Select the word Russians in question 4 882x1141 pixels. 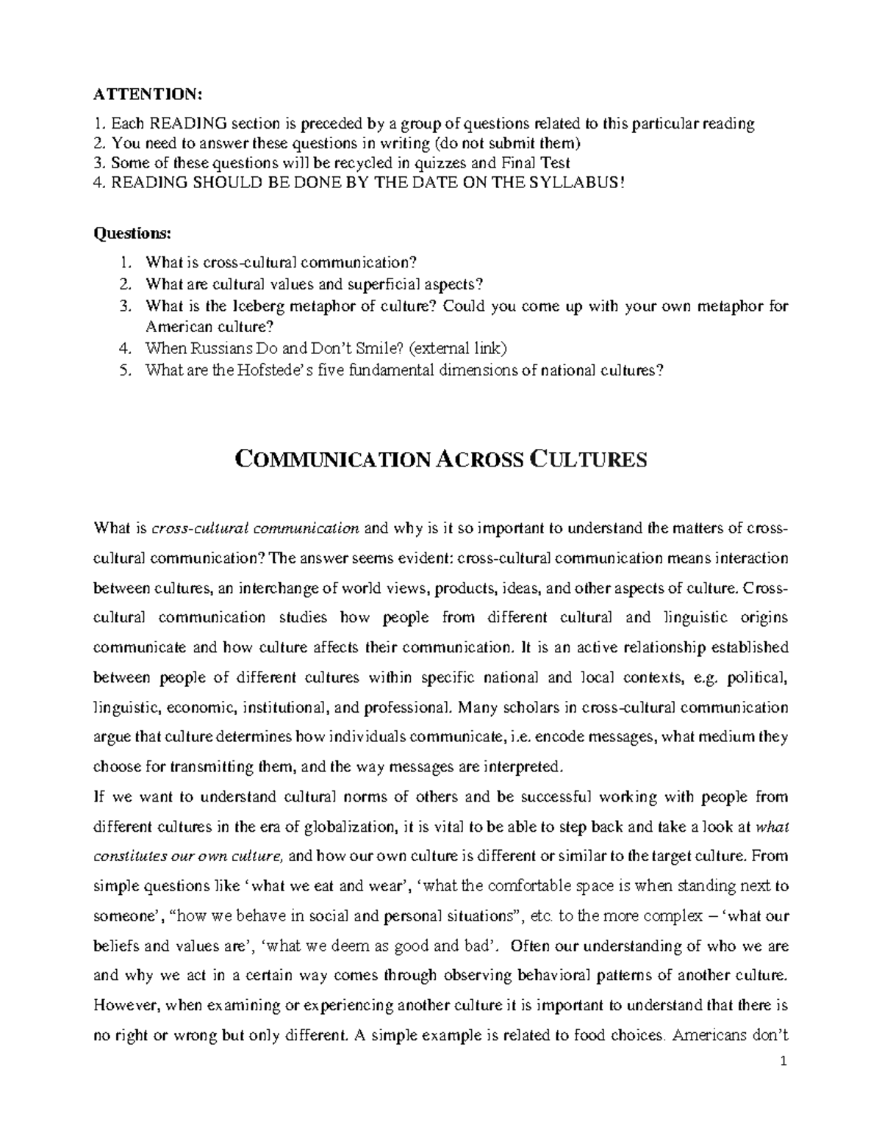coord(218,348)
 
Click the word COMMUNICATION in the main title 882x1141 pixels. coord(331,461)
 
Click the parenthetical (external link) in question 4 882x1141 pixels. coord(458,348)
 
